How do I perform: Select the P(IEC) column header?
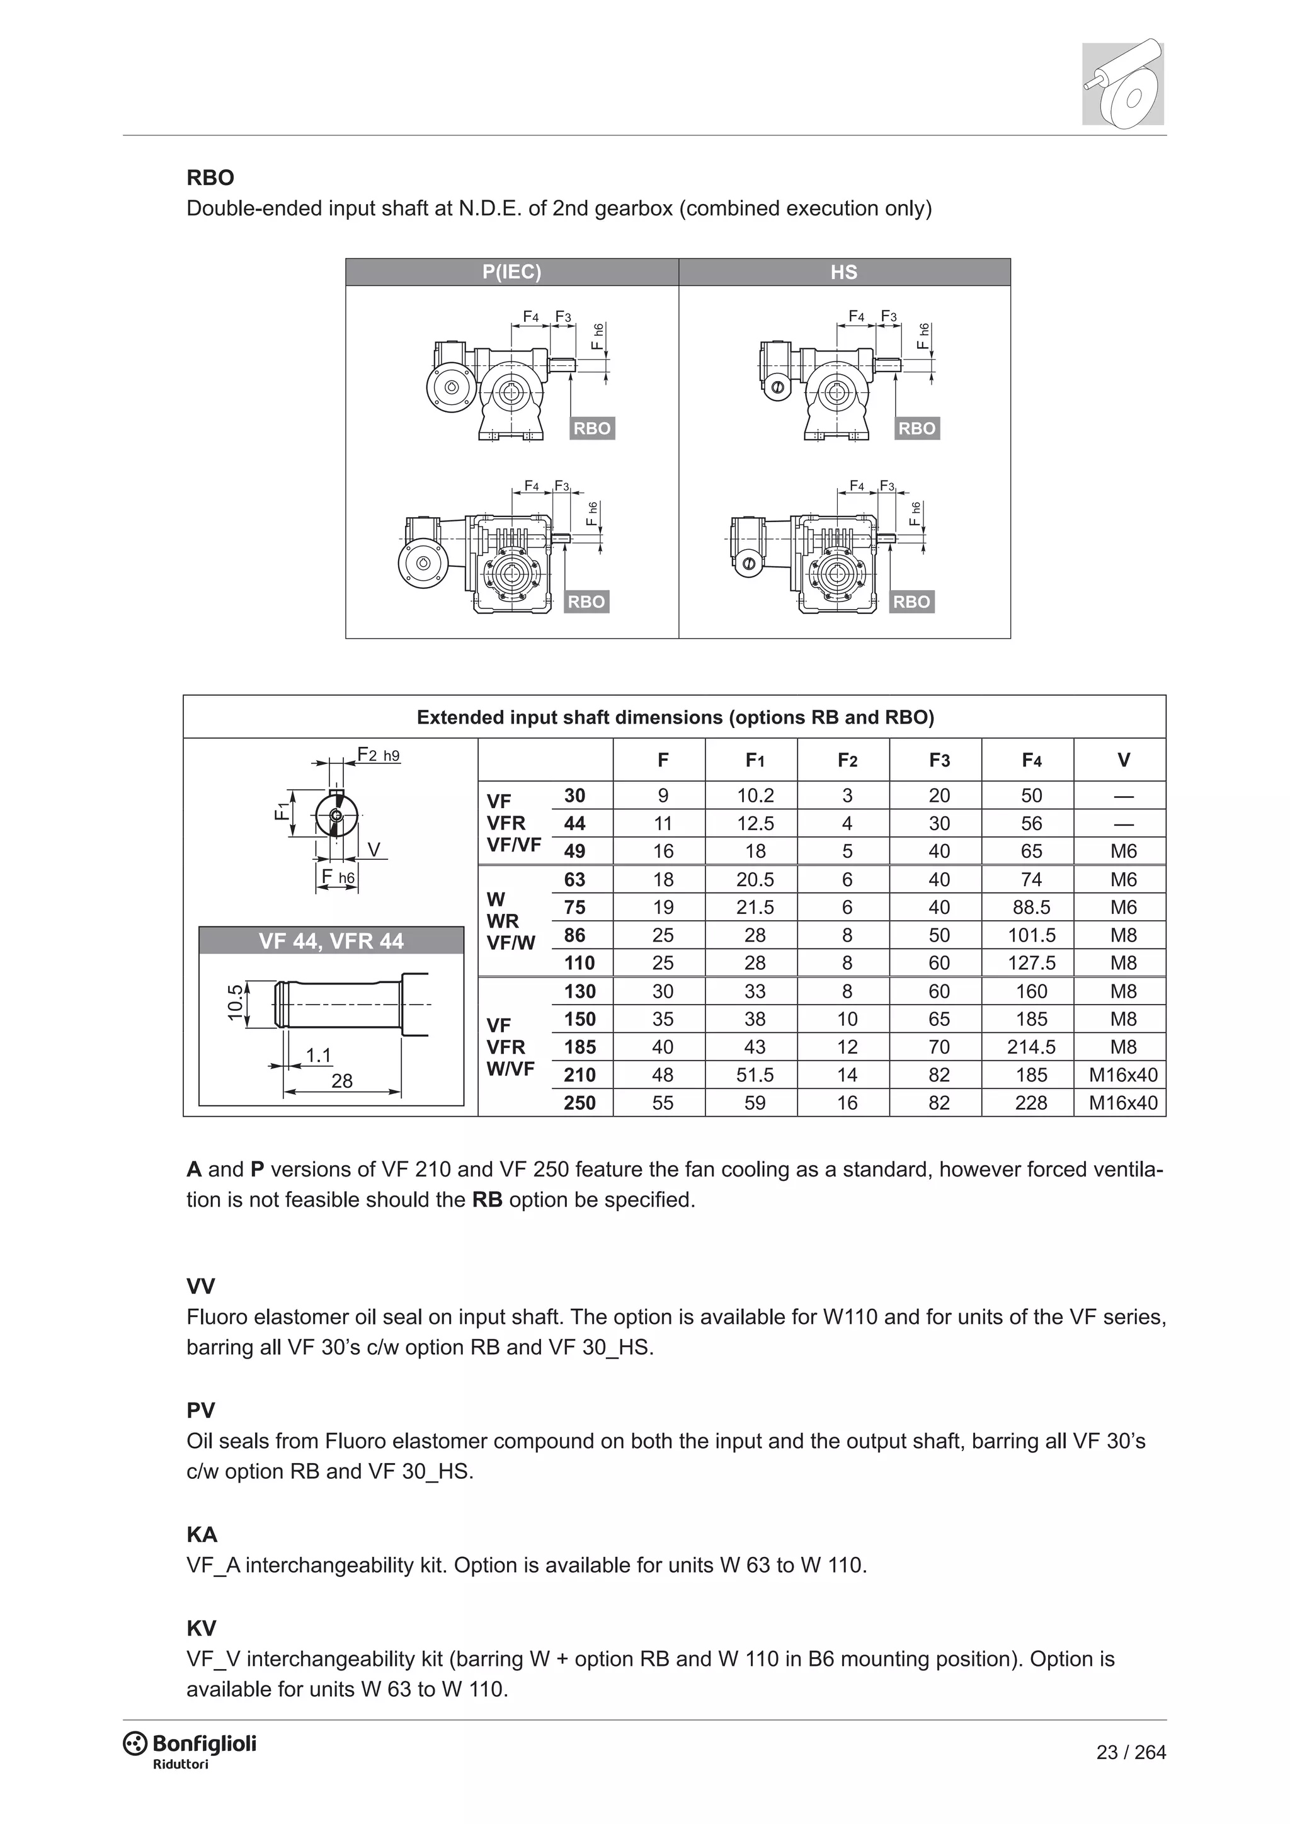pyautogui.click(x=511, y=271)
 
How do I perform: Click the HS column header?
pyautogui.click(x=843, y=271)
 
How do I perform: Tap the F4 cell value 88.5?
pyautogui.click(x=1031, y=907)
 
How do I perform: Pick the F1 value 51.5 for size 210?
pyautogui.click(x=755, y=1075)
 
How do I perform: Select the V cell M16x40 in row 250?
pyautogui.click(x=1122, y=1103)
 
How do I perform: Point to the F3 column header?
pyautogui.click(x=939, y=760)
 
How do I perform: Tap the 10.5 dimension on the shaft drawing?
pyautogui.click(x=235, y=1003)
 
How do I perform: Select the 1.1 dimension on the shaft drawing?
pyautogui.click(x=319, y=1055)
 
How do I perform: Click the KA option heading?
pyautogui.click(x=202, y=1534)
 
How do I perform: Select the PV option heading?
pyautogui.click(x=201, y=1410)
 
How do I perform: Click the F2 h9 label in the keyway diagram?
pyautogui.click(x=378, y=754)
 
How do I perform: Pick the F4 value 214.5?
pyautogui.click(x=1031, y=1047)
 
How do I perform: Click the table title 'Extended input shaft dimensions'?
pyautogui.click(x=675, y=717)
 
